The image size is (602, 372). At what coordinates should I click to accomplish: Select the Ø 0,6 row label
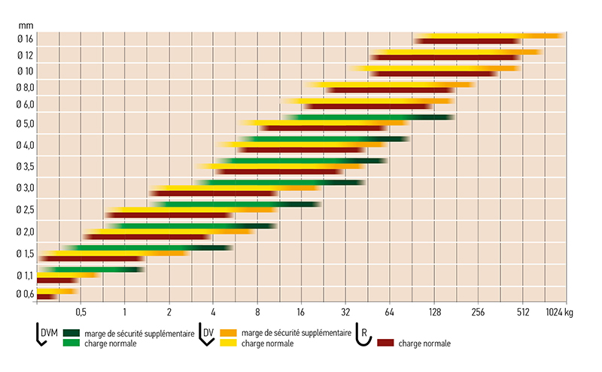[x=26, y=294]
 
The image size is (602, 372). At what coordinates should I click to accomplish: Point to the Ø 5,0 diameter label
[x=26, y=123]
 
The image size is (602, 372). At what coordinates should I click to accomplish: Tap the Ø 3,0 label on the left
[x=26, y=187]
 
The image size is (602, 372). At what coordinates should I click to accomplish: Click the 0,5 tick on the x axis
[x=81, y=310]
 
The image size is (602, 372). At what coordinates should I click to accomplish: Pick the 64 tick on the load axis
[x=389, y=310]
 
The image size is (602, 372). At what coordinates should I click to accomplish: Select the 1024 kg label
[x=558, y=310]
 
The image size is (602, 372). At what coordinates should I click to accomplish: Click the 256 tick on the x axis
[x=477, y=310]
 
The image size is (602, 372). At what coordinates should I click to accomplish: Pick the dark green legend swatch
[x=72, y=332]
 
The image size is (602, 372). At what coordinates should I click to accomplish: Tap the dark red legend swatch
[x=388, y=343]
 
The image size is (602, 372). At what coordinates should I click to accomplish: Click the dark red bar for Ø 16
[x=467, y=41]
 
